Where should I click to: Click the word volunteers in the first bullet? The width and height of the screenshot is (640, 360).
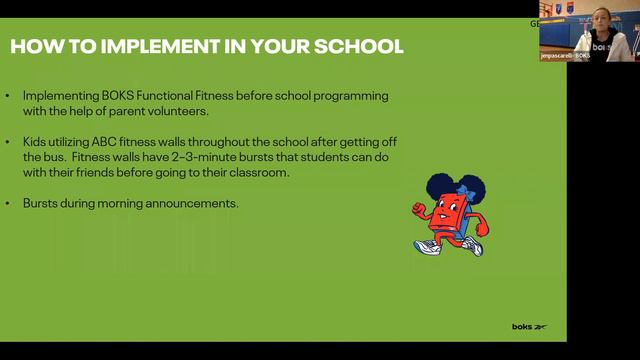177,111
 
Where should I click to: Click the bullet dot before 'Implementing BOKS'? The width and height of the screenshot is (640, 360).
8,96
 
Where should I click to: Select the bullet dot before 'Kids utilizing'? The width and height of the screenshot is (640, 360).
8,142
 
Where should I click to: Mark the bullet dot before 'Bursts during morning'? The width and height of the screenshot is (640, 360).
8,203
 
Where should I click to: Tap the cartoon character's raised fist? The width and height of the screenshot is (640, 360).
417,207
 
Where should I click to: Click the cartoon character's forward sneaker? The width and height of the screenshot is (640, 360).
427,245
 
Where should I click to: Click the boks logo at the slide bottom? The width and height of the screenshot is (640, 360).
529,327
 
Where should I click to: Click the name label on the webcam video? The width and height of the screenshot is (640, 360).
566,56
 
